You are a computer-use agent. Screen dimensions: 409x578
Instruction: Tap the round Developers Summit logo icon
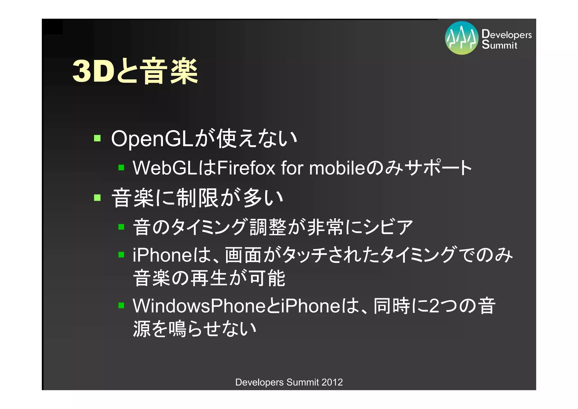[461, 38]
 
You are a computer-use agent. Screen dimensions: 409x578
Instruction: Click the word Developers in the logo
[506, 34]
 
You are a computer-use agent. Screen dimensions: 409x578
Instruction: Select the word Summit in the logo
[499, 45]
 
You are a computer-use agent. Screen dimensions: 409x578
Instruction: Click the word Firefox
[246, 168]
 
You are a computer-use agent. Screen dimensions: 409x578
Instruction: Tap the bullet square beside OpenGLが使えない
[97, 138]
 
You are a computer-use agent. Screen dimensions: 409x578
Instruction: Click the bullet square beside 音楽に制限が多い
[97, 197]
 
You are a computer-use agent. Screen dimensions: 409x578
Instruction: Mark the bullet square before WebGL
[121, 168]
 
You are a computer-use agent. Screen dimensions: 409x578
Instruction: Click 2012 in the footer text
[332, 382]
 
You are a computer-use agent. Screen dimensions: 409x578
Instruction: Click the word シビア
[388, 227]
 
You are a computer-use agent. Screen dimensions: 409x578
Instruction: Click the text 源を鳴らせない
[194, 329]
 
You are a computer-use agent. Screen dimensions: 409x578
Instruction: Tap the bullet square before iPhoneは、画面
[121, 255]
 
